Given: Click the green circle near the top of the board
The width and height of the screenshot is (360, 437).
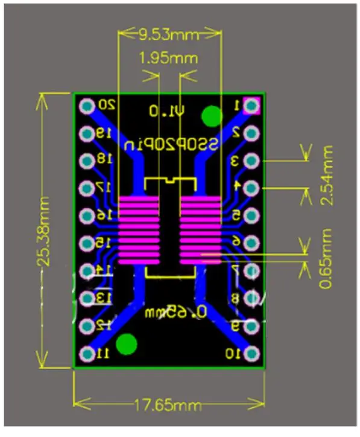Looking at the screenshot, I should [211, 116].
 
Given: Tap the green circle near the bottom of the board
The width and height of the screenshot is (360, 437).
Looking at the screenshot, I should [127, 344].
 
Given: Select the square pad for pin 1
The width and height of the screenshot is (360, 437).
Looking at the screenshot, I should [253, 106].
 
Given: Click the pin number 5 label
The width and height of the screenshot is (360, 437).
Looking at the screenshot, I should [236, 215].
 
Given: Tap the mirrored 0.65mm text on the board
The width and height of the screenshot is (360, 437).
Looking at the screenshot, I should [175, 312].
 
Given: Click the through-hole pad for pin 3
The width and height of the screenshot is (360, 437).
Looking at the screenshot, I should [253, 161].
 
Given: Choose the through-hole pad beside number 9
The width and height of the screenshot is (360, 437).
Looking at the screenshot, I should [253, 327].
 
